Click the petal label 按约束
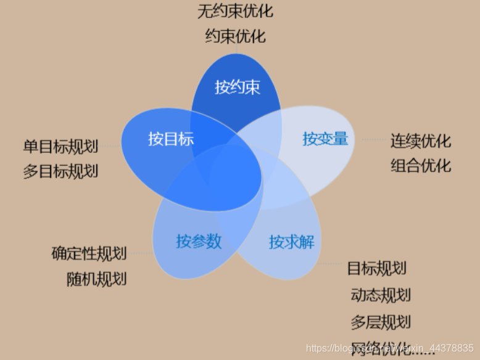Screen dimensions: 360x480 (238, 87)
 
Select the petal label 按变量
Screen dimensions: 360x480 (325, 139)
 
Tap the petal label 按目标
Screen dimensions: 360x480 (171, 139)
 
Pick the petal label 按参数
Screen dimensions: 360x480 (199, 241)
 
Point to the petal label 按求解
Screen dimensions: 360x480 (292, 242)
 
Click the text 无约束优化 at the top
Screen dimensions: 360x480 (235, 11)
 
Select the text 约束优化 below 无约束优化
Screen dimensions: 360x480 (235, 36)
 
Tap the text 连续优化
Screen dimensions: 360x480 (421, 141)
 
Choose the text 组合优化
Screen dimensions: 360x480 (421, 165)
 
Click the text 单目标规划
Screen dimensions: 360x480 (60, 146)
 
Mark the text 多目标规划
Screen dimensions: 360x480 (60, 171)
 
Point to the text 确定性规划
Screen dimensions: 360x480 (89, 253)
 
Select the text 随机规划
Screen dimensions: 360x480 (97, 279)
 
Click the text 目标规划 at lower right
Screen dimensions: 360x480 (376, 269)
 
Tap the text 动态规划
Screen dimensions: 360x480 (381, 295)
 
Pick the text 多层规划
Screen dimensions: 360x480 (381, 322)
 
